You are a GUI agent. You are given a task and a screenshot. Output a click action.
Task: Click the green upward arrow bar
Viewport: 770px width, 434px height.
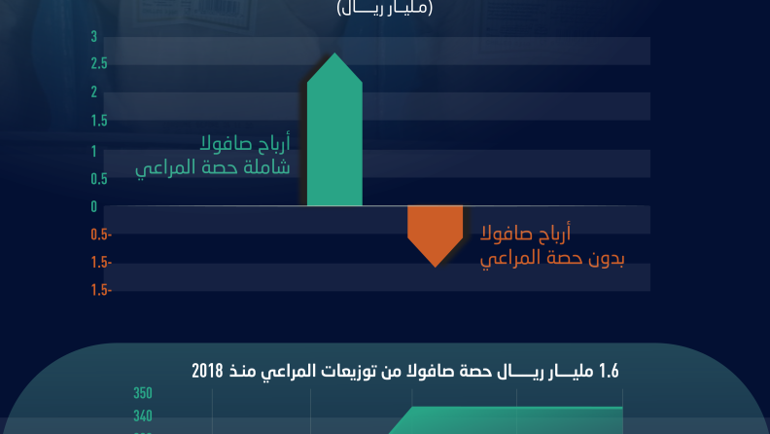[x=334, y=129]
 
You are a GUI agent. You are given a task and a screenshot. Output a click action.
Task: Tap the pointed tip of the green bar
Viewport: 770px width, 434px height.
[x=334, y=54]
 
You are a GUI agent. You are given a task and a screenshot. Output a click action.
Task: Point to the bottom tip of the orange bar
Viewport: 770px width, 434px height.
[x=436, y=268]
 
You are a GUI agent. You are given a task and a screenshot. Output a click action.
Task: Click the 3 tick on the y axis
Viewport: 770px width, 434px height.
[x=93, y=37]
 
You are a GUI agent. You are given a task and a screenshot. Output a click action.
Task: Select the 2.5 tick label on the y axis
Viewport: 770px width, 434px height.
[x=99, y=64]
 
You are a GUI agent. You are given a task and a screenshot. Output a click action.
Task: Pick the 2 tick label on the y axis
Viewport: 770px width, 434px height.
[x=93, y=91]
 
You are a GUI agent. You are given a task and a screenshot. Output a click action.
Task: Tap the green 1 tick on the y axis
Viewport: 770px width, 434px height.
[x=93, y=152]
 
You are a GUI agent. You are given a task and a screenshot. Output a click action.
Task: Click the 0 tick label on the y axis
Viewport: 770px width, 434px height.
[x=93, y=207]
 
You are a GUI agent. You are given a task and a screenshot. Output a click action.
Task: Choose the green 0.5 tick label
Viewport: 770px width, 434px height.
[x=99, y=179]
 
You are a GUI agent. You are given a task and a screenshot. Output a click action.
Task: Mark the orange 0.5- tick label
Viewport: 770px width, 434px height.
[x=101, y=235]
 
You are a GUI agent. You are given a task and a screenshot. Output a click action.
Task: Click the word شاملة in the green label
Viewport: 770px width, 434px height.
[x=268, y=167]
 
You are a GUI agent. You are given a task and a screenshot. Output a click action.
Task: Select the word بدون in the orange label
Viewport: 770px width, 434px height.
[x=606, y=259]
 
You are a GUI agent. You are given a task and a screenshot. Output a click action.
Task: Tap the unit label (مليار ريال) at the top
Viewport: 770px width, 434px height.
[x=384, y=9]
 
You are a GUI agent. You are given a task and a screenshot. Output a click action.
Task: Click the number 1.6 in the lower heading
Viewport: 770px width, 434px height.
[x=609, y=372]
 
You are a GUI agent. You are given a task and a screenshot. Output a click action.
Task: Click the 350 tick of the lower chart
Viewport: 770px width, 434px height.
[x=143, y=393]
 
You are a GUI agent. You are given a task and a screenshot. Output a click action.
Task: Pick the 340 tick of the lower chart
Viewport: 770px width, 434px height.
[x=143, y=416]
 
